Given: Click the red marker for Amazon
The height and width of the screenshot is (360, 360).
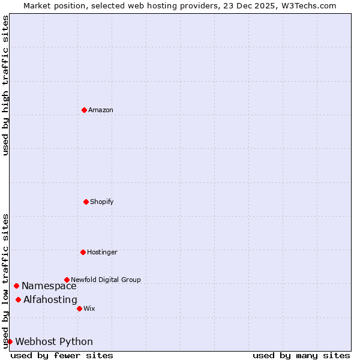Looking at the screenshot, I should click(x=84, y=110).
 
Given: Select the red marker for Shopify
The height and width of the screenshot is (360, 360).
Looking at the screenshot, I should click(x=86, y=202).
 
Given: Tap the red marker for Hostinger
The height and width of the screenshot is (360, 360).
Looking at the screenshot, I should click(x=83, y=252).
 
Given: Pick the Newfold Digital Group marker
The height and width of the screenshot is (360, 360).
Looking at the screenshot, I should click(x=67, y=280).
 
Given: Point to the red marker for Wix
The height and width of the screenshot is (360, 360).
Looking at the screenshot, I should click(x=79, y=308).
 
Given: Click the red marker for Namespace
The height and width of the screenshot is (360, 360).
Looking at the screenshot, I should click(x=16, y=286).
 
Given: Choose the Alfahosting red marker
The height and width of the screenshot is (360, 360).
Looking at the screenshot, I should click(x=18, y=299).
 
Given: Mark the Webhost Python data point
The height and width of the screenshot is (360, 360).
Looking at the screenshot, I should click(x=10, y=341).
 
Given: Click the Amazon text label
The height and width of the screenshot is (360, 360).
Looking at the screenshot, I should click(x=101, y=110).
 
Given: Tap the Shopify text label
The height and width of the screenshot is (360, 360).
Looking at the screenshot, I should click(x=102, y=202).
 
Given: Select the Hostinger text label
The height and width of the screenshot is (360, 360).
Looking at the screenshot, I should click(x=102, y=253).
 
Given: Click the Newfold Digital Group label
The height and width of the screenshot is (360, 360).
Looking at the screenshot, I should click(x=106, y=280).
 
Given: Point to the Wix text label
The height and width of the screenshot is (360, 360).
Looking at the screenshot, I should click(x=89, y=309).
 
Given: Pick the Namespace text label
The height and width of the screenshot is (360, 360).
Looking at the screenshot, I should click(x=49, y=286).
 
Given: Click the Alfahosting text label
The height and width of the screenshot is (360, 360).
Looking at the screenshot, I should click(x=50, y=300).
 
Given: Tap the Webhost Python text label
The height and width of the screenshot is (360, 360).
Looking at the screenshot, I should click(x=54, y=342).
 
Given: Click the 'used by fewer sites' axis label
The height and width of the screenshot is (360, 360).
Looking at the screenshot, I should click(x=62, y=355).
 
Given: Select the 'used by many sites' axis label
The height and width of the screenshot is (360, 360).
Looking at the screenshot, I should click(x=301, y=355).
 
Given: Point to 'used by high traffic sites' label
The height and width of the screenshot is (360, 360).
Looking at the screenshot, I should click(x=5, y=85).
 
